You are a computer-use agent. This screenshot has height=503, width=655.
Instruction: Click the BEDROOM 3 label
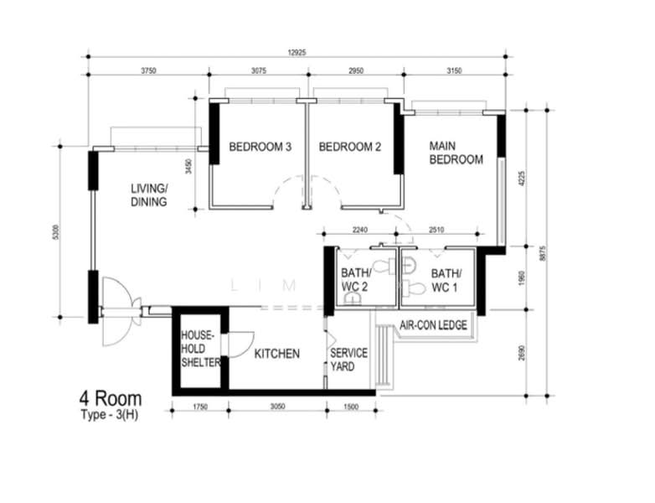[260, 147]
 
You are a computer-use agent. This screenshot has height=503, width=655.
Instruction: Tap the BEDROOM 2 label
[350, 147]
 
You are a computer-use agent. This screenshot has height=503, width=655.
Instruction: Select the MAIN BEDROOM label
[455, 152]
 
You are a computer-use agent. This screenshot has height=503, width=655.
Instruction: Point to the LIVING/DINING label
[148, 194]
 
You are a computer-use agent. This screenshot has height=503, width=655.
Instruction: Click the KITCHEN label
[276, 354]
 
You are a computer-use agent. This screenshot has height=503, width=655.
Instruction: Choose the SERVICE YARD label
[347, 360]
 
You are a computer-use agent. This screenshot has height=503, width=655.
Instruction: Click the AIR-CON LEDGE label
[433, 325]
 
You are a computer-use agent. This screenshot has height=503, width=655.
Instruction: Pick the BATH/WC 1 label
[446, 279]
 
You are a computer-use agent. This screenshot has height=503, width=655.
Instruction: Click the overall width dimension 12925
[297, 53]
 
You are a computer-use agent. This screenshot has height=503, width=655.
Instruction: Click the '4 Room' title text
[110, 397]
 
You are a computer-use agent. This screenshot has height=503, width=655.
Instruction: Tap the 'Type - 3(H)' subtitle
[110, 415]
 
